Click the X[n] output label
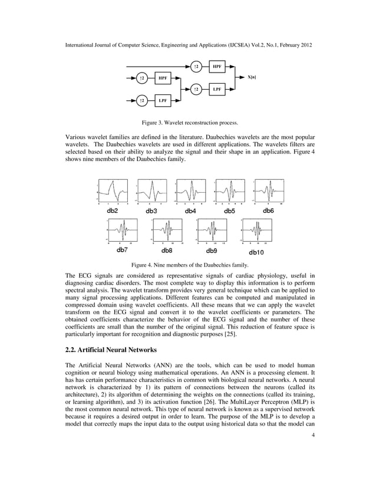coord(252,77)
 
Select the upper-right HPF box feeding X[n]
coord(217,66)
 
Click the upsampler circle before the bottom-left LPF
coord(142,100)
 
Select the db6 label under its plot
coord(268,210)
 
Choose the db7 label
coord(122,250)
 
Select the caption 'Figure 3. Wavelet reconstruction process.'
coord(188,123)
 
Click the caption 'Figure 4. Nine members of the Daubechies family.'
coord(188,265)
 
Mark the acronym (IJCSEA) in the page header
coord(240,44)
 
